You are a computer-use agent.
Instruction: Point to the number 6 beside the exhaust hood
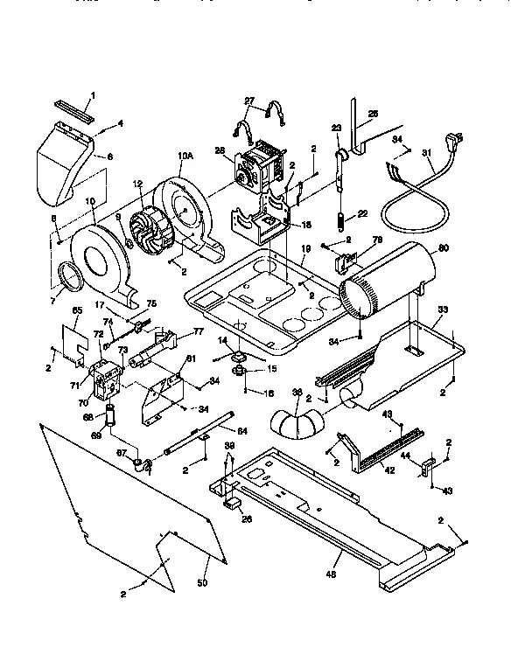(x=110, y=157)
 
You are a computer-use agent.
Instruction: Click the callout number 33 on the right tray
(x=443, y=310)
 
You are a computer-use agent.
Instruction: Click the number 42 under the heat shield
(x=390, y=470)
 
